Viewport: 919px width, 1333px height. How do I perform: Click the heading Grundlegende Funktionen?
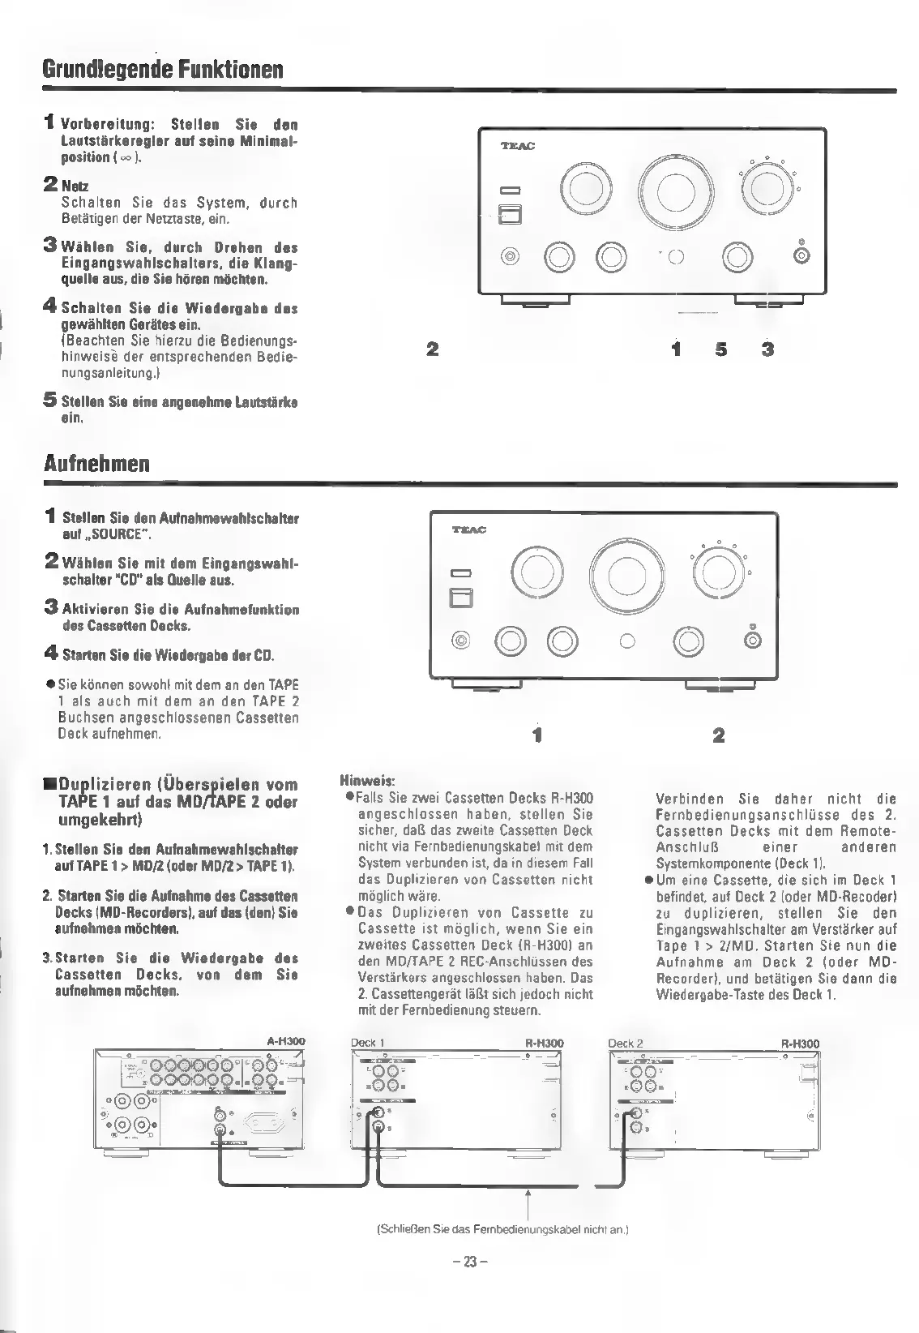point(163,68)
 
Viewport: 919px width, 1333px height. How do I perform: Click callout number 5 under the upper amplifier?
point(722,349)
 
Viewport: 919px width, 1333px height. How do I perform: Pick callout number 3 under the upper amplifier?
point(767,349)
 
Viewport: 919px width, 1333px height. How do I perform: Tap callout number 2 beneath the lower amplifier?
point(718,736)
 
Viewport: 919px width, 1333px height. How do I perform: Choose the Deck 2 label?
point(625,1043)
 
